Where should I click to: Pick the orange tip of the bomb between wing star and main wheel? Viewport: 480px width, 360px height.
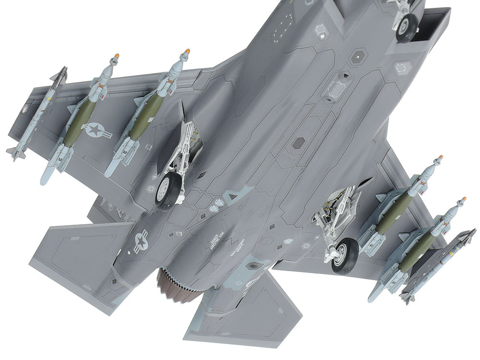(188, 50)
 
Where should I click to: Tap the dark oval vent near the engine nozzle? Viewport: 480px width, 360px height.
(253, 265)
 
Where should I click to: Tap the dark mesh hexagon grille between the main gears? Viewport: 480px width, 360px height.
(298, 143)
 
